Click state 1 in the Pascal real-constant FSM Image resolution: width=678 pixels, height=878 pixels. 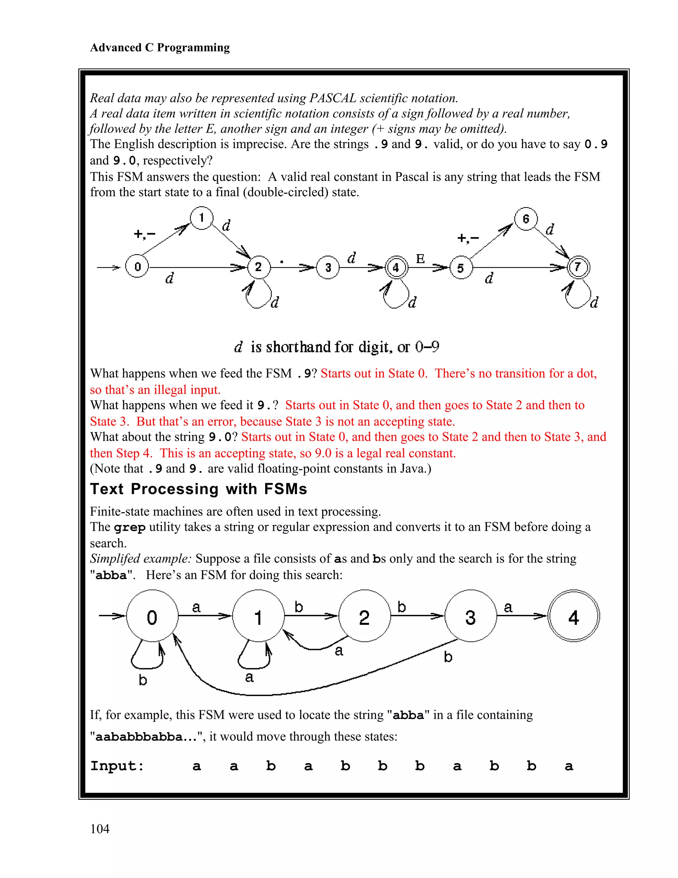point(201,218)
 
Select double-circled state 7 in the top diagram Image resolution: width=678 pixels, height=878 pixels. point(578,267)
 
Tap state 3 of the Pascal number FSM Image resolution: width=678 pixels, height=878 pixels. point(328,267)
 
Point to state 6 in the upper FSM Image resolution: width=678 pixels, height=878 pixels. point(526,219)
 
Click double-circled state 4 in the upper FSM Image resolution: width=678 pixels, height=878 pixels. point(396,267)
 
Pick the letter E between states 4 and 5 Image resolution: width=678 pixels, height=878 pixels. point(420,258)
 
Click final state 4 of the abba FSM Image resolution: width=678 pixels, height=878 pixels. point(574,616)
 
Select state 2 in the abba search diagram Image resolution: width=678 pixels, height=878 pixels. point(364,616)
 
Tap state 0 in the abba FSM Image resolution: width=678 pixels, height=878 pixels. point(152,616)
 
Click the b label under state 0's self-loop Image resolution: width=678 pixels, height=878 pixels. point(143,680)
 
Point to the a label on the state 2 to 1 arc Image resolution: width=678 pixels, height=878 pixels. point(339,650)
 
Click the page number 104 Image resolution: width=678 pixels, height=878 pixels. point(100,829)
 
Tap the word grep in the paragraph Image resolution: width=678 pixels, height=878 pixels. point(129,527)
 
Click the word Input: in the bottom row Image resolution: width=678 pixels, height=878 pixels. point(117,766)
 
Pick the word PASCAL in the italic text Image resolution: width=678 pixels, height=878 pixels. point(333,98)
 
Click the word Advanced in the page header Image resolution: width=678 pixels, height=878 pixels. point(116,47)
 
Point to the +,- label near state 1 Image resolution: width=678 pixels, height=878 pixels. point(144,234)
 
